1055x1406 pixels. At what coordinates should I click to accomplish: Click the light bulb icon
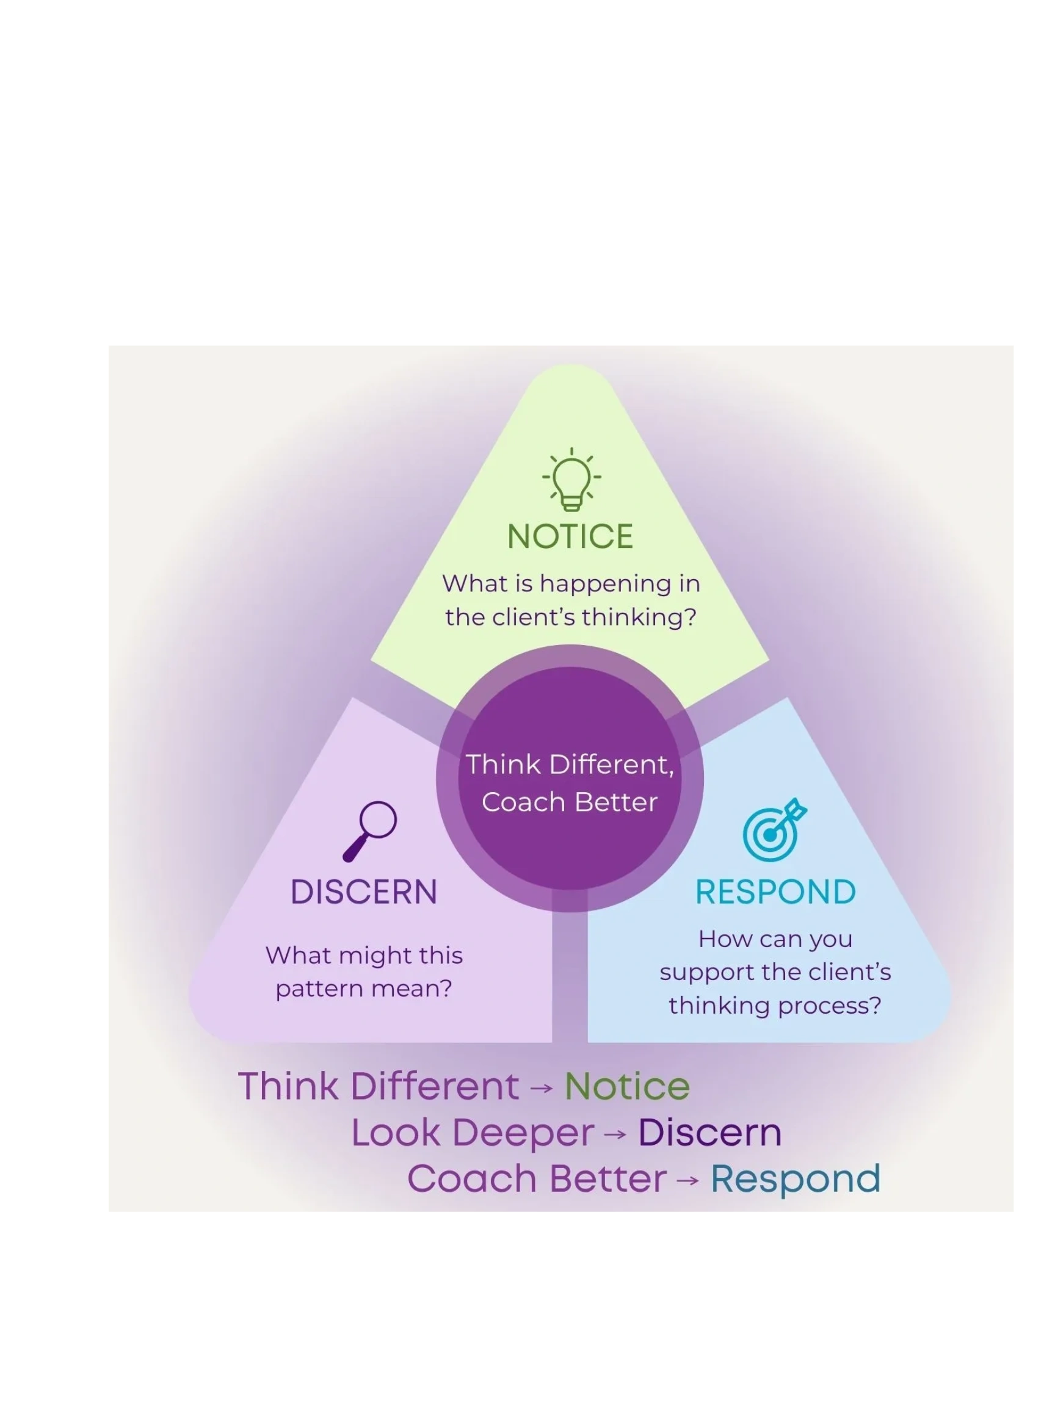click(x=571, y=480)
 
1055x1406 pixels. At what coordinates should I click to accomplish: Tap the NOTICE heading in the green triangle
click(x=570, y=536)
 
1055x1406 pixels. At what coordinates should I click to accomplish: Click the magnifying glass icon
click(x=370, y=831)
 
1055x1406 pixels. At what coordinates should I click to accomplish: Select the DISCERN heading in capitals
click(x=364, y=892)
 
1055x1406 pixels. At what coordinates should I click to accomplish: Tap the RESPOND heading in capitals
click(x=775, y=892)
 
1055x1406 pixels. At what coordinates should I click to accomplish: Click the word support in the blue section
click(x=699, y=973)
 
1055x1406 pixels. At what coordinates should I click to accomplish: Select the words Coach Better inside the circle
click(x=569, y=802)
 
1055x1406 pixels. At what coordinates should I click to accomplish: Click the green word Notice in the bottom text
click(x=627, y=1086)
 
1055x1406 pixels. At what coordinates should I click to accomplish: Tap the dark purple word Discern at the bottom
click(x=709, y=1133)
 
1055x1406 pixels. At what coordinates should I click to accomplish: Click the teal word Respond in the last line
click(x=795, y=1179)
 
